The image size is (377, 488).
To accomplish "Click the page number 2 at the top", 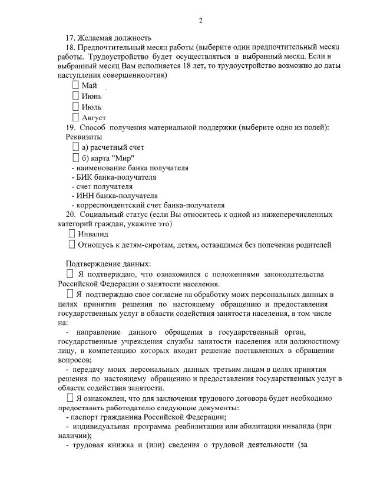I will (x=200, y=21).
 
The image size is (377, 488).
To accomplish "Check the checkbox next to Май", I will (x=75, y=85).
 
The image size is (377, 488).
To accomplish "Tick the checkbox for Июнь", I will (x=75, y=96).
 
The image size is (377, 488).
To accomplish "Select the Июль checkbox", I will (x=75, y=107).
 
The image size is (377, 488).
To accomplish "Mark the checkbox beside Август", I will (x=75, y=117).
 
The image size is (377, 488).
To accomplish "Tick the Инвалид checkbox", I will (x=72, y=234).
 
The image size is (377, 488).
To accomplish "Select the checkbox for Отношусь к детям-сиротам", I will (x=72, y=245).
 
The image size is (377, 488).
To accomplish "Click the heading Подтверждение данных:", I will (x=108, y=263).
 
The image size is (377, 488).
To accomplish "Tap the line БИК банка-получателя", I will (x=114, y=177).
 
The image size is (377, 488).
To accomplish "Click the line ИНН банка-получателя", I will (x=114, y=196).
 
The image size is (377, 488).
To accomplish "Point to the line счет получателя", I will (x=101, y=186).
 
